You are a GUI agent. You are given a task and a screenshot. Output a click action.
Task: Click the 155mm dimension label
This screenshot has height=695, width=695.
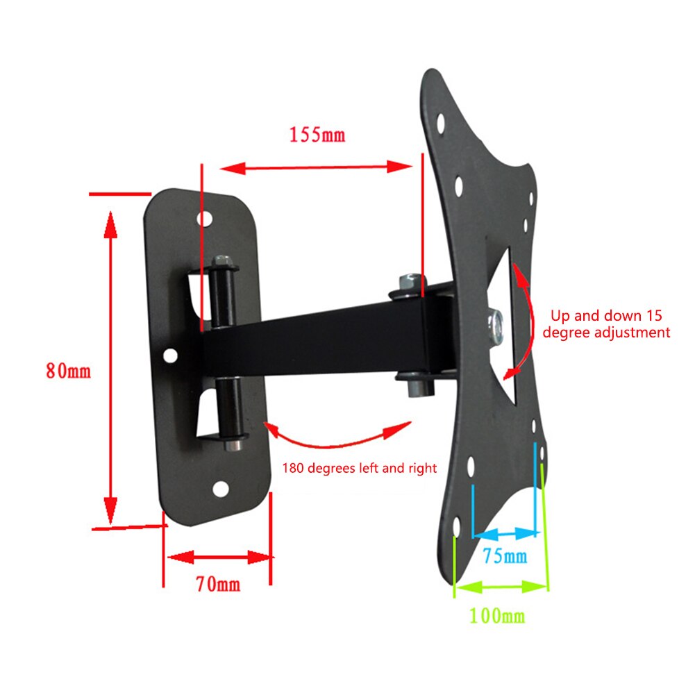(317, 134)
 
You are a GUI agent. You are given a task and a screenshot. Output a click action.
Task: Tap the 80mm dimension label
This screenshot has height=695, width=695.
(68, 370)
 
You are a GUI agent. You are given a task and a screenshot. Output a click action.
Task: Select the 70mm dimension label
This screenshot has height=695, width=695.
(217, 584)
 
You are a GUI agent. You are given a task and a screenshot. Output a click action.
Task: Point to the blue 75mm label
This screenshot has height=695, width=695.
(505, 555)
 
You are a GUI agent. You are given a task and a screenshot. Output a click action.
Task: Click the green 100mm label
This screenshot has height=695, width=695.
(496, 614)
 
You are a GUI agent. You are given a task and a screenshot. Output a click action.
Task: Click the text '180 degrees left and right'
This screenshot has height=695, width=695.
(359, 468)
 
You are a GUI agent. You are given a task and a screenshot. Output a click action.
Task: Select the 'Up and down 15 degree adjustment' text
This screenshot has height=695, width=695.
(606, 324)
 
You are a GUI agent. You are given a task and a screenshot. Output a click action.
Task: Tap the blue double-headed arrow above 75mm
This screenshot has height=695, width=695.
(505, 534)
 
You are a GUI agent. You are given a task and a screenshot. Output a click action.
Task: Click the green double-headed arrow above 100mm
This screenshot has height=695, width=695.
(500, 587)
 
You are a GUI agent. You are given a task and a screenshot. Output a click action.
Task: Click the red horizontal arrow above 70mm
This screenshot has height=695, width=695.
(218, 557)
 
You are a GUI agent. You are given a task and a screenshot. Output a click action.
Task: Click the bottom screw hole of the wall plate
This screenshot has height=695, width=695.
(220, 488)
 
